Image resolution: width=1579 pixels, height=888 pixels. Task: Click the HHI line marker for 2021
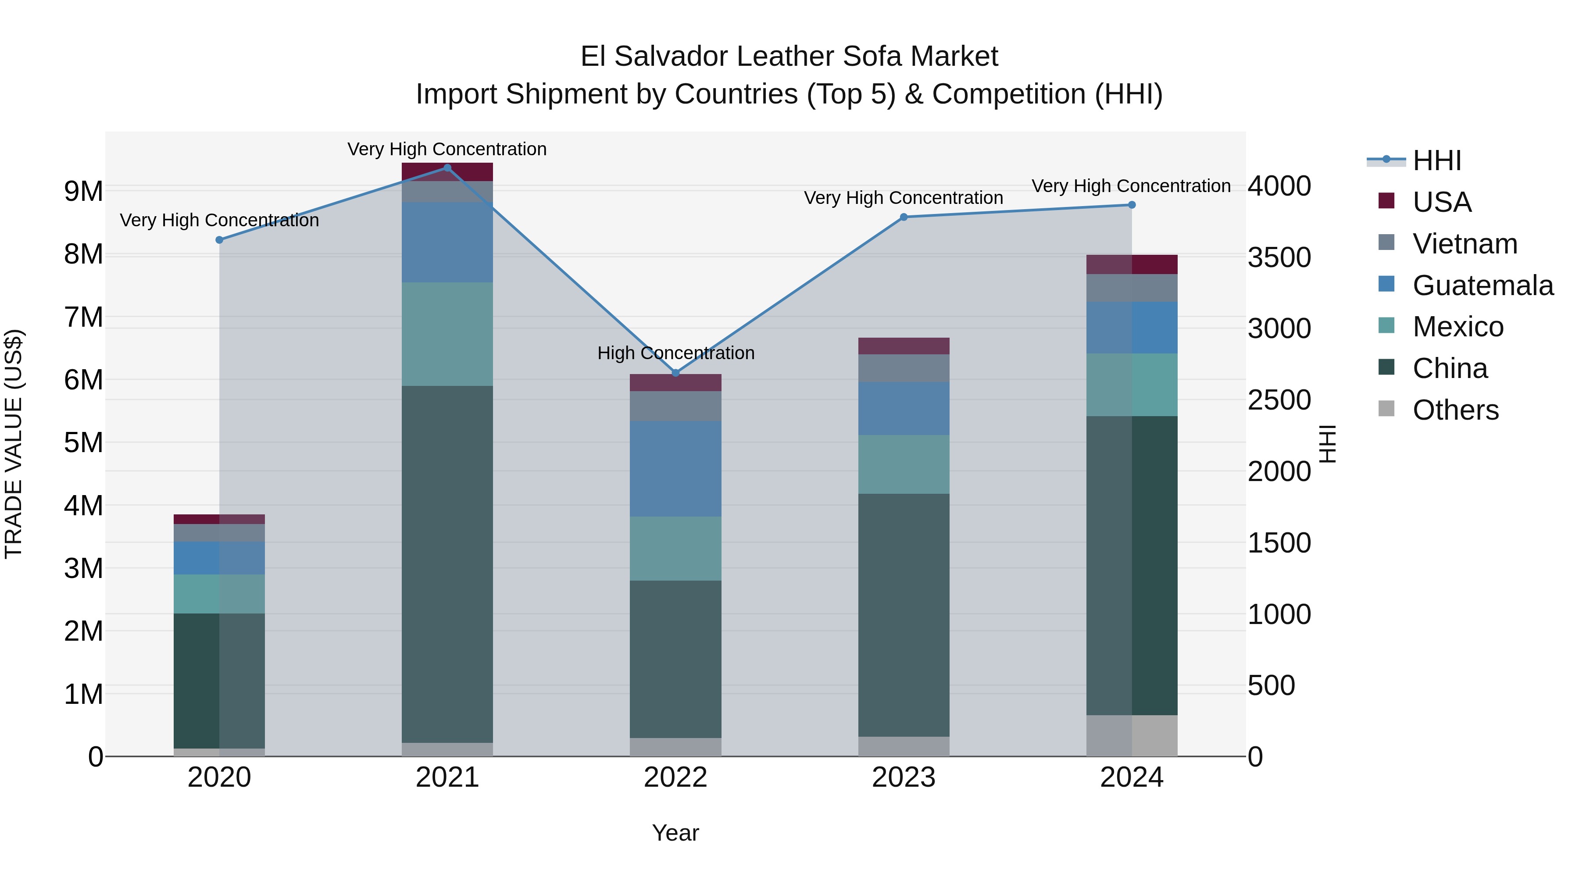point(447,168)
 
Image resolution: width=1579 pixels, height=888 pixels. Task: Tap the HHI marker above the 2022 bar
point(675,373)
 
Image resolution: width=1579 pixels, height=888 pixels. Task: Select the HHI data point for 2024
point(1132,205)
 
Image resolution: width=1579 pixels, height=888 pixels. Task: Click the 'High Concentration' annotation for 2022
point(675,353)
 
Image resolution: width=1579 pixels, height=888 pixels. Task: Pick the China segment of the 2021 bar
point(447,564)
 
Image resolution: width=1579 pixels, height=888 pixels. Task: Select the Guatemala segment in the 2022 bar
point(675,469)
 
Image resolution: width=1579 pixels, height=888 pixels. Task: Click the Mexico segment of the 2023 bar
point(904,464)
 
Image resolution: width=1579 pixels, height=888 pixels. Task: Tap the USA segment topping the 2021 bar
point(447,172)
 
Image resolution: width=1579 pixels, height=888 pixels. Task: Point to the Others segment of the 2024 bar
point(1132,735)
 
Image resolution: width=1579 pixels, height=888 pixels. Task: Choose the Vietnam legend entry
point(1465,244)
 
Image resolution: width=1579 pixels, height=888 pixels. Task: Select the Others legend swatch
point(1386,409)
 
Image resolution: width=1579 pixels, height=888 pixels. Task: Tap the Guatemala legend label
point(1483,285)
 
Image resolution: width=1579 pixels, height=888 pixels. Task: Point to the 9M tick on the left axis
point(83,191)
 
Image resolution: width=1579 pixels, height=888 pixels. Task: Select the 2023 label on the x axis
point(904,777)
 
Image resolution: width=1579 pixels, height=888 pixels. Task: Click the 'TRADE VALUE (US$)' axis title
point(14,444)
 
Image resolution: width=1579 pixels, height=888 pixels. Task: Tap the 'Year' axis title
point(675,833)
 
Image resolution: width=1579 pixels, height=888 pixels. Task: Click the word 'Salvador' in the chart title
point(669,57)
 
